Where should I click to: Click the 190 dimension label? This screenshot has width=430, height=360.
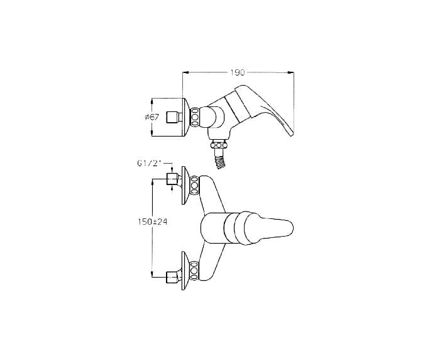238,72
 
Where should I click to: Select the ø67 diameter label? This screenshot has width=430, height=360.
152,117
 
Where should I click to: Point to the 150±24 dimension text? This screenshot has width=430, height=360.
153,222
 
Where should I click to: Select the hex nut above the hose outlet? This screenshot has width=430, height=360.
219,145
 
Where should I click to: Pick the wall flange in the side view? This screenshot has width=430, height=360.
186,117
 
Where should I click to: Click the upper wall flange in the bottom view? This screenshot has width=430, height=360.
185,186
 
